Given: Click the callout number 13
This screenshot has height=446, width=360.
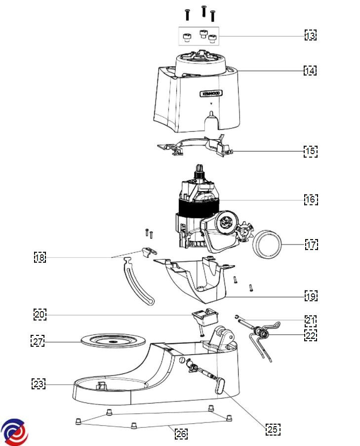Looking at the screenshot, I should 310,36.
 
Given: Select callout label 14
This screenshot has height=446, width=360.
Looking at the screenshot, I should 310,71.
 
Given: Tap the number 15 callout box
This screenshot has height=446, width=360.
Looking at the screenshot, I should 310,151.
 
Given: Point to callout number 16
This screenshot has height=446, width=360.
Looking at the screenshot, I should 311,200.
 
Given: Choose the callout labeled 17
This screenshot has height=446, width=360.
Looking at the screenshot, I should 311,244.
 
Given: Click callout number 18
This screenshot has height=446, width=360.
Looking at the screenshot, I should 40,257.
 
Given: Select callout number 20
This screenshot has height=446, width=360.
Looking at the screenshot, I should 40,314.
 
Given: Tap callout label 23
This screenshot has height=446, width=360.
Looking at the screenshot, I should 39,383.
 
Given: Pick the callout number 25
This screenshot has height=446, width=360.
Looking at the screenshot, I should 273,429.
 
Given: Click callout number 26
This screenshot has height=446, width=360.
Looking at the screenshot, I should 181,434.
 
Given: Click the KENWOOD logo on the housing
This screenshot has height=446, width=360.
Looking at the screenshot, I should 211,93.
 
